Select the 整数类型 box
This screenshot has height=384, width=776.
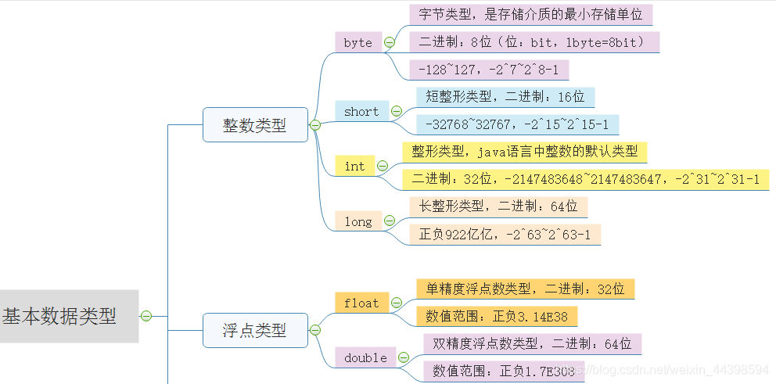click(x=255, y=125)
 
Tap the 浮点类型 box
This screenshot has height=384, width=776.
click(x=255, y=330)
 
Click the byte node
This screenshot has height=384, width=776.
click(x=357, y=42)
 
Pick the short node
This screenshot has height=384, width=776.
click(x=361, y=111)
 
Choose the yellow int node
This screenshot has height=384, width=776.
click(x=354, y=166)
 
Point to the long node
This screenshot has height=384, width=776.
click(x=357, y=221)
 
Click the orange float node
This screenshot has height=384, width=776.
click(x=361, y=303)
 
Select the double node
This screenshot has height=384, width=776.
click(x=365, y=357)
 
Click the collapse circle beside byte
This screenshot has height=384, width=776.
click(x=390, y=42)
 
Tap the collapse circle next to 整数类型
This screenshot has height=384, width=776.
click(x=315, y=125)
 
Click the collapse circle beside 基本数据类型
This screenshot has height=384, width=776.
click(x=145, y=316)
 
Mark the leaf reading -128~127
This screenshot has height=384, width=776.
click(x=488, y=70)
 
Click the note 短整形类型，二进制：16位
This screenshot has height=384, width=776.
click(x=505, y=97)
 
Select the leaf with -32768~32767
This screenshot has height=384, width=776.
click(x=517, y=124)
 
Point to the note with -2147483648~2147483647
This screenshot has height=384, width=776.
click(x=585, y=179)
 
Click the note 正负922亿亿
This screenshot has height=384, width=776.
click(x=505, y=234)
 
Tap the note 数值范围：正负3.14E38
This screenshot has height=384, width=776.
click(x=497, y=316)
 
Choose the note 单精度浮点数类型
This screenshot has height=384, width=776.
click(x=525, y=289)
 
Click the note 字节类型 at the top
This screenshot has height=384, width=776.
click(x=530, y=14)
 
